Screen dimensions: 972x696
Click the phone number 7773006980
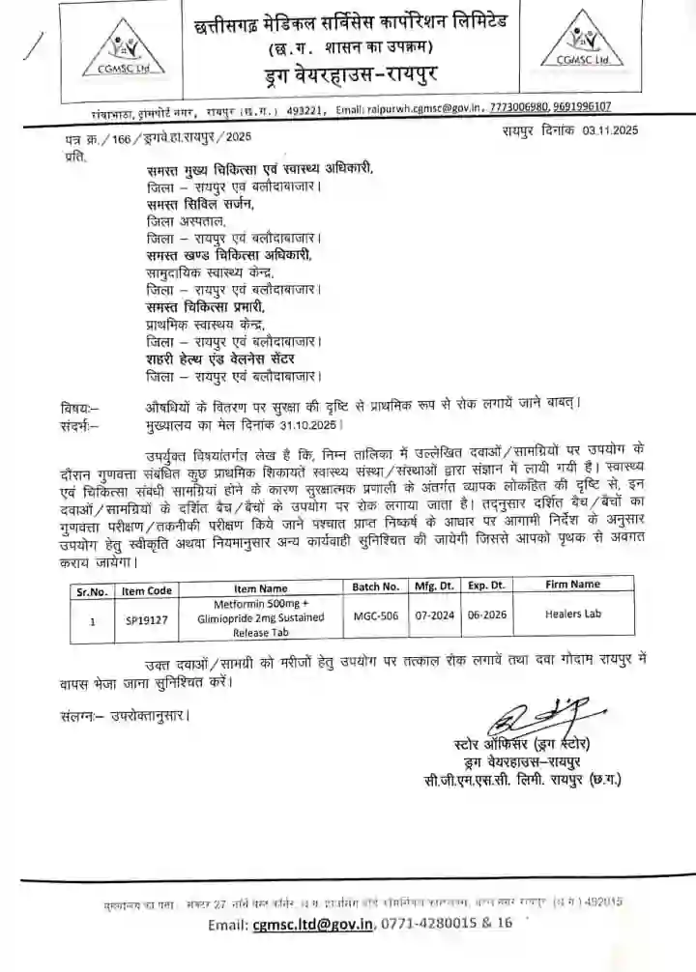[522, 108]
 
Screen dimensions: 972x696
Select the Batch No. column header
[376, 586]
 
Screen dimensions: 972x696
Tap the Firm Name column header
[571, 585]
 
